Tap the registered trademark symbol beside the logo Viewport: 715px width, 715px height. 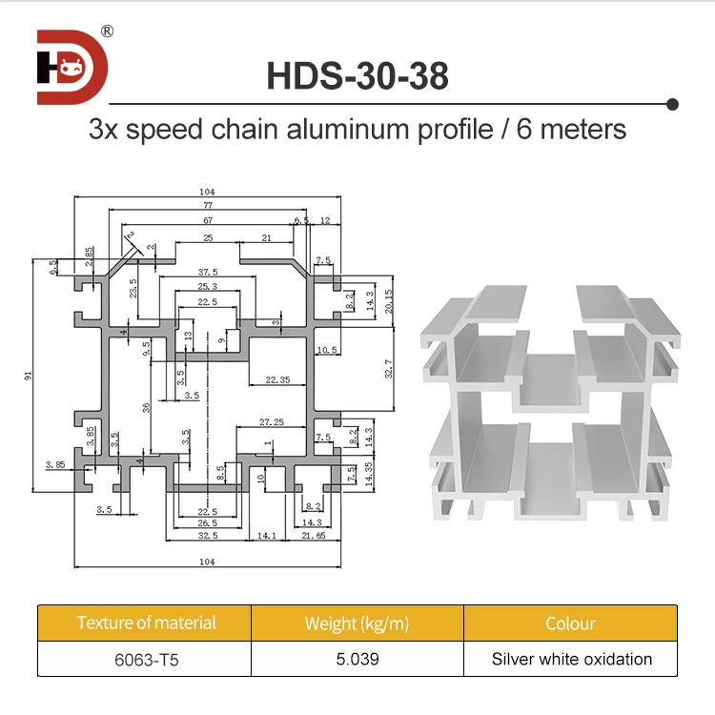point(107,31)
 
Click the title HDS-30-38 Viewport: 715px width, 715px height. point(357,76)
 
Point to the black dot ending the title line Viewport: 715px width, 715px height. point(672,103)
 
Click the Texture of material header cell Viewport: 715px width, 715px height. point(146,623)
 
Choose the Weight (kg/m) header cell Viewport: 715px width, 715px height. point(357,623)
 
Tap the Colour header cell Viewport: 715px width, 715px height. point(570,623)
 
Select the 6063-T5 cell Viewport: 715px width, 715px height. point(146,659)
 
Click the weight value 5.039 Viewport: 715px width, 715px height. point(357,659)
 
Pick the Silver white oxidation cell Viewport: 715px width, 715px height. point(570,659)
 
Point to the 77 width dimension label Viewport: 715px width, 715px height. point(207,205)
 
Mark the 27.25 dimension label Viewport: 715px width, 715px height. point(272,420)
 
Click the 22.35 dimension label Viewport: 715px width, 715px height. point(277,380)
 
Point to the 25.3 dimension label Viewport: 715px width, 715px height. point(208,286)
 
